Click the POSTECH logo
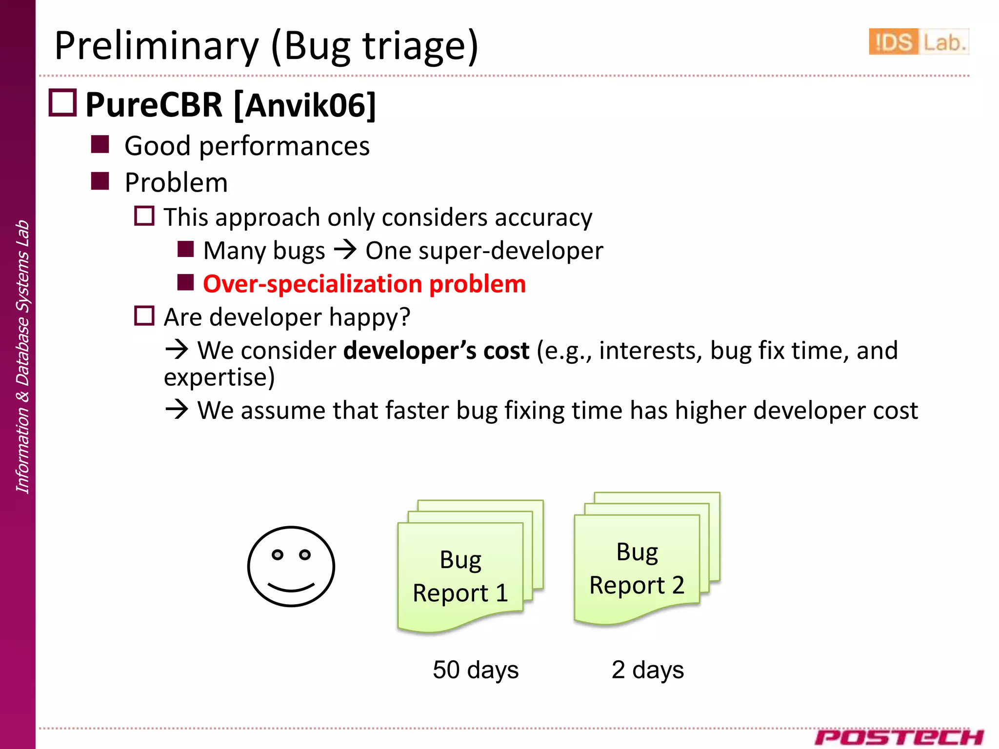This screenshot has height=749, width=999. pyautogui.click(x=899, y=737)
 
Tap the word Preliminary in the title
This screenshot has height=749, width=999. pyautogui.click(x=157, y=46)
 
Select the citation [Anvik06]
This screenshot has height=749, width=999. pyautogui.click(x=305, y=105)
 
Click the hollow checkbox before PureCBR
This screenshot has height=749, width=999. pyautogui.click(x=62, y=103)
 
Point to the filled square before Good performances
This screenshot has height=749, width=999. pyautogui.click(x=100, y=144)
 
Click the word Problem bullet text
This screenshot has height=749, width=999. pyautogui.click(x=176, y=182)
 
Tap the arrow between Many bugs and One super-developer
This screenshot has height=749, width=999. pyautogui.click(x=345, y=251)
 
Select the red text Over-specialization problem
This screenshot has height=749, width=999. pyautogui.click(x=364, y=284)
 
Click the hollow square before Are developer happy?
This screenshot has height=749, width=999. pyautogui.click(x=144, y=316)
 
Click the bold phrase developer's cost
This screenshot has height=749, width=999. pyautogui.click(x=436, y=351)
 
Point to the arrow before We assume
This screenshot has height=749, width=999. pyautogui.click(x=177, y=409)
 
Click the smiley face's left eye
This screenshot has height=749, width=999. pyautogui.click(x=278, y=554)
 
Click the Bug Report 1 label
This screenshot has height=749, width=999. pyautogui.click(x=460, y=576)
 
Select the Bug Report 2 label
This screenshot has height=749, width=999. pyautogui.click(x=637, y=569)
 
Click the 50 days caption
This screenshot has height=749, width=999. pyautogui.click(x=476, y=670)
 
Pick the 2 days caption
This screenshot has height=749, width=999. pyautogui.click(x=647, y=670)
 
